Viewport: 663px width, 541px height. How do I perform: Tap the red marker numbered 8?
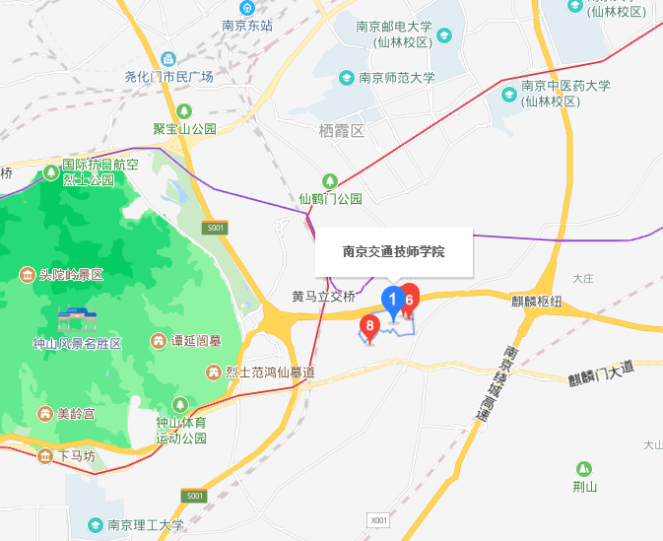[370, 326]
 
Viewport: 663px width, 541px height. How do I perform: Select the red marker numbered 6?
[408, 296]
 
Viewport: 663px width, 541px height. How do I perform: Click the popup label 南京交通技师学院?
[394, 252]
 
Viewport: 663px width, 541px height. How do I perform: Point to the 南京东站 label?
[246, 27]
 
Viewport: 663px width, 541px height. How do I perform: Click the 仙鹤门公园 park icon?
[331, 181]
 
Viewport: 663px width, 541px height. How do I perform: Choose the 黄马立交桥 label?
[323, 296]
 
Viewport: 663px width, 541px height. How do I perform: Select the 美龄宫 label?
[75, 414]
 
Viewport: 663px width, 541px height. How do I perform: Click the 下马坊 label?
[76, 456]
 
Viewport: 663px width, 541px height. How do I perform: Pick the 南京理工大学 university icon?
[96, 524]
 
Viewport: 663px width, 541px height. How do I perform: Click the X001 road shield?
[379, 518]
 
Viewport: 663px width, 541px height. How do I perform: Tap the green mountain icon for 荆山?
[584, 468]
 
